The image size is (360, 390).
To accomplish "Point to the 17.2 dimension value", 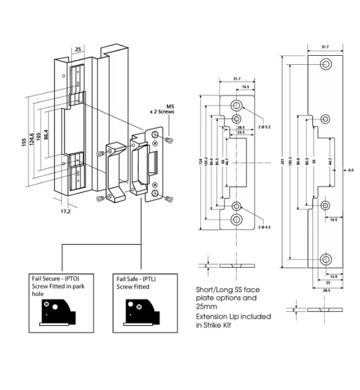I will coord(65,211).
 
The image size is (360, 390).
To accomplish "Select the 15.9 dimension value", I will coord(332,276).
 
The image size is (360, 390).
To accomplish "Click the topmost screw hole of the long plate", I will coord(327,64).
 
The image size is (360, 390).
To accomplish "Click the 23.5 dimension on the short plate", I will coord(241,133).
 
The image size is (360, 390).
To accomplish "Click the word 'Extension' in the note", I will coord(214,316).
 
